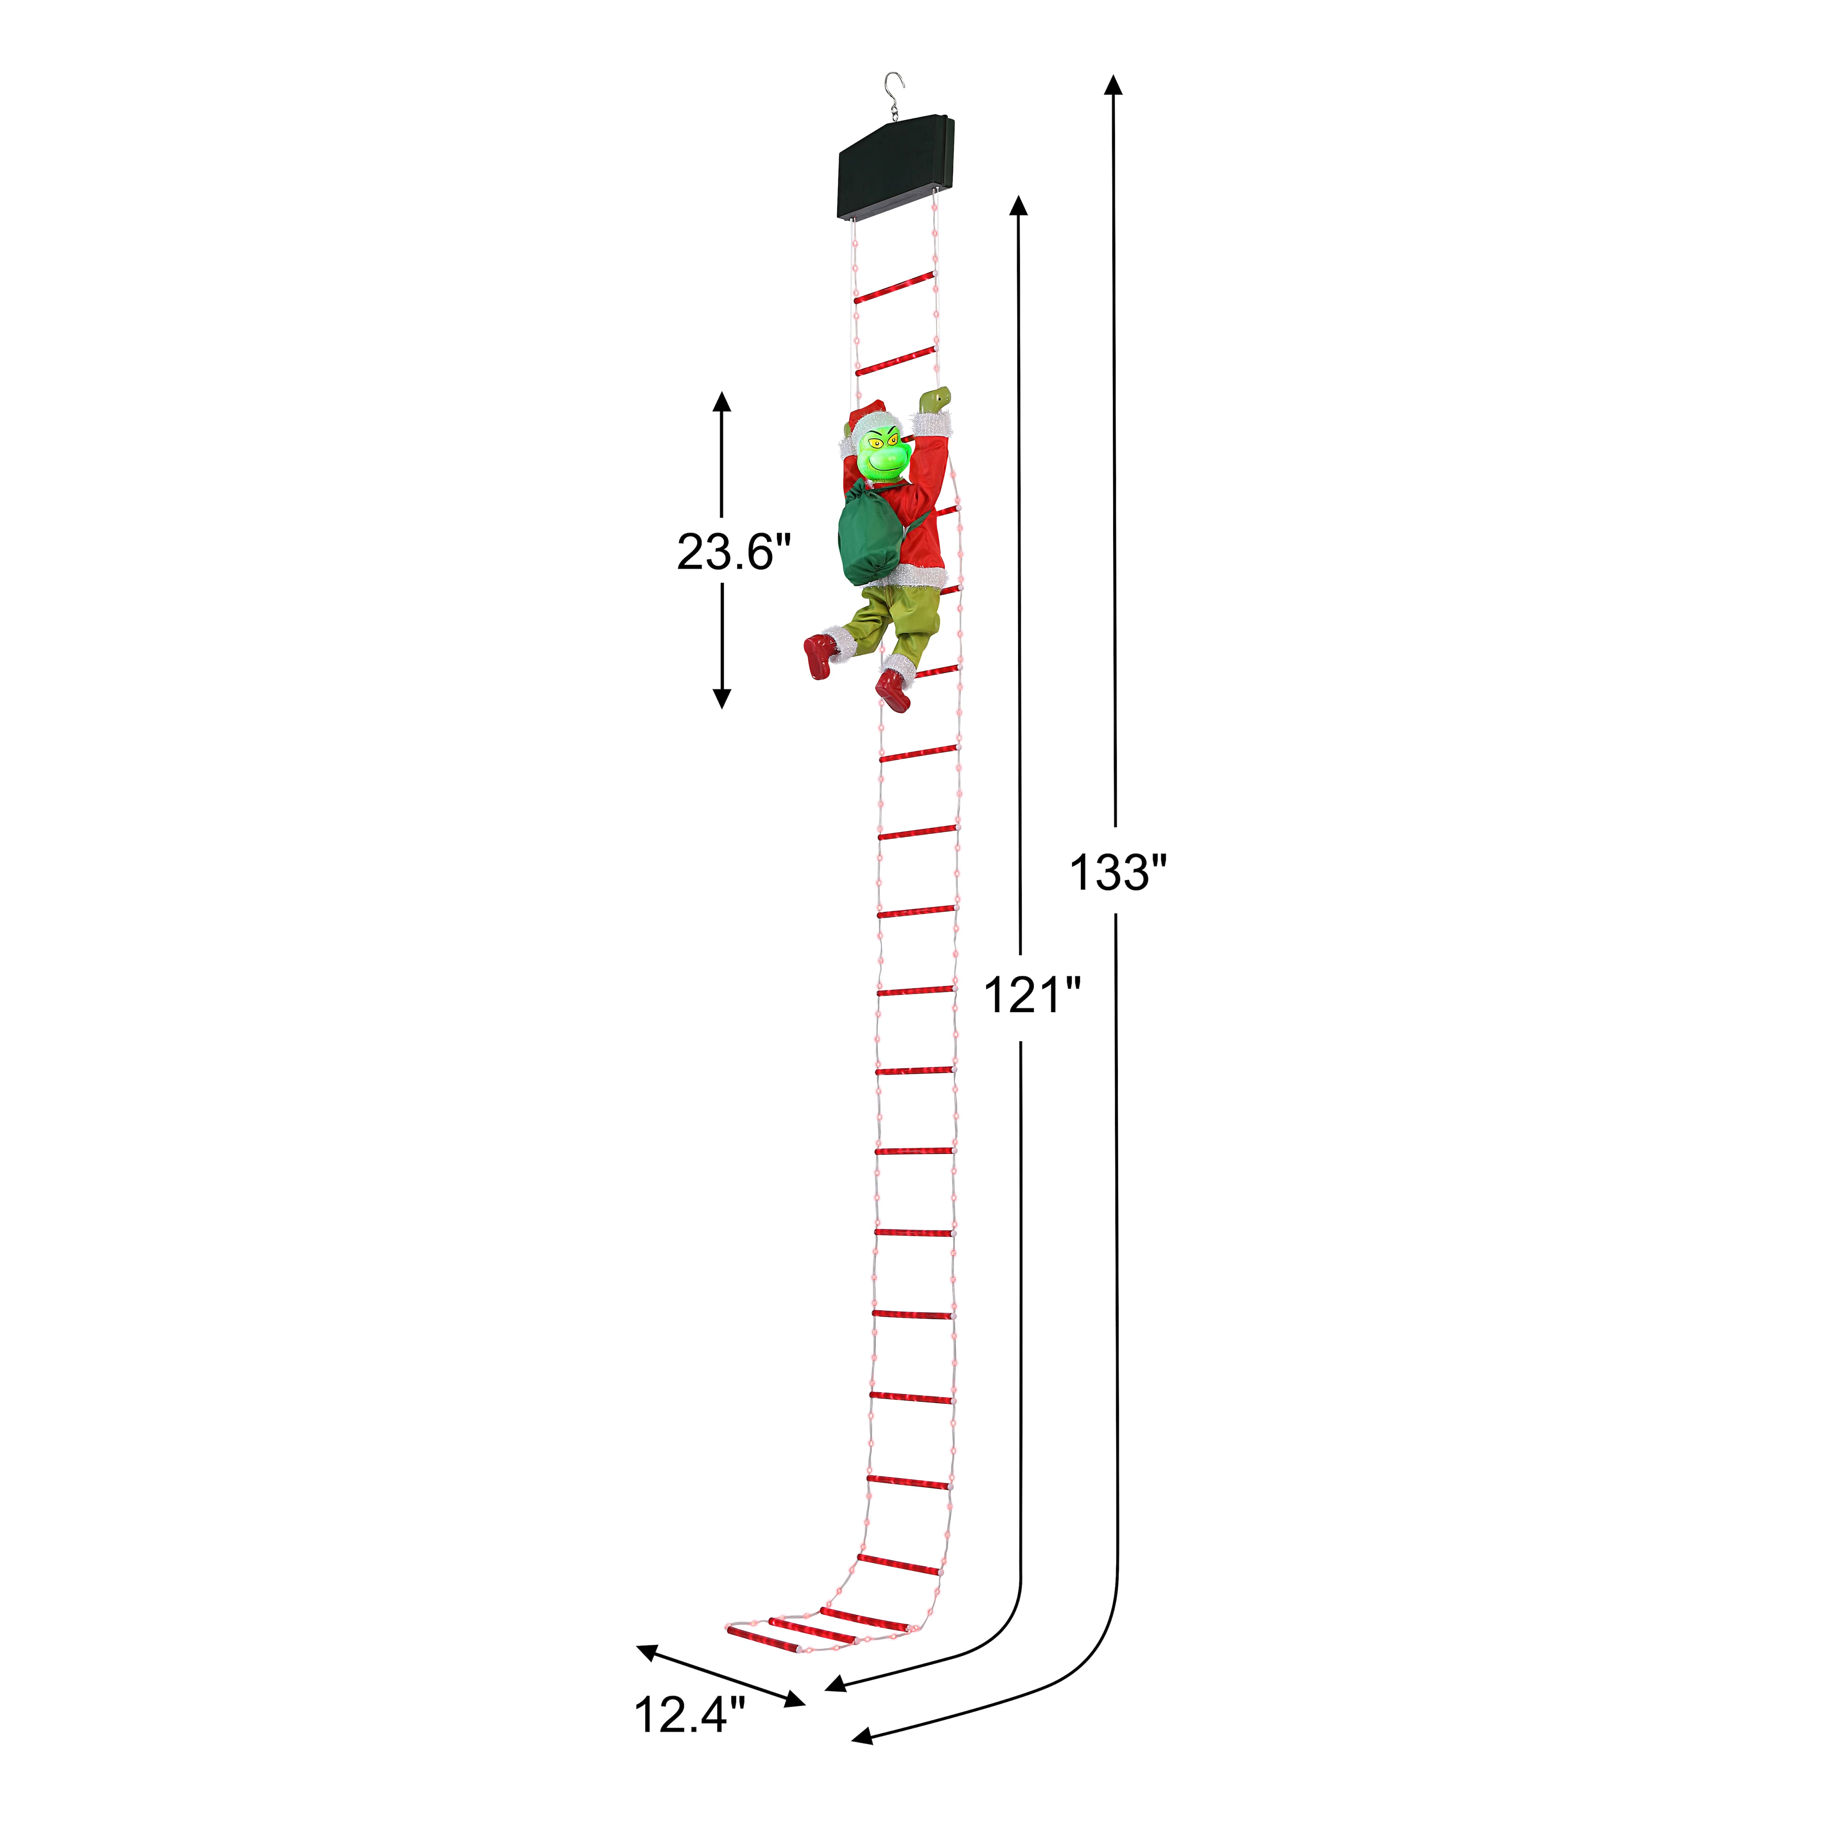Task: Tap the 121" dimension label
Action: [1032, 995]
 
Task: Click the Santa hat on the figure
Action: [866, 421]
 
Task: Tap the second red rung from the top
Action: [894, 362]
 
